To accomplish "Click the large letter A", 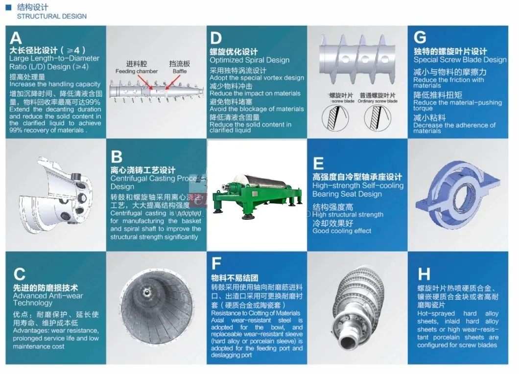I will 16,38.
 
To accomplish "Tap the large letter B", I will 117,157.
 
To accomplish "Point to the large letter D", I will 216,38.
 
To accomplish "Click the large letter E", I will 318,164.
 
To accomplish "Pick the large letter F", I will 216,264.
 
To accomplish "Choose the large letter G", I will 420,38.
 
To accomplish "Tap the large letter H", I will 424,273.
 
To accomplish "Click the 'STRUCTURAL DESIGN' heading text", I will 52,16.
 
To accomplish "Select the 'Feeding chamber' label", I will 137,71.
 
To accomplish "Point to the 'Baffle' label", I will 180,71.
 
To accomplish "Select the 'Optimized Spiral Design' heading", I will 249,60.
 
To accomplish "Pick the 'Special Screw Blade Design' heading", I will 460,60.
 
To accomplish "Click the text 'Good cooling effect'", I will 342,231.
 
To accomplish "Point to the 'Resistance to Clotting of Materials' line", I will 256,313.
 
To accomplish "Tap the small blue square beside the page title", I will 8,7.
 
